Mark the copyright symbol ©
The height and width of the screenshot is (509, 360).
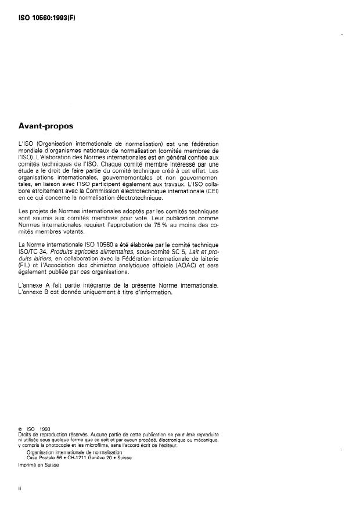click(21, 429)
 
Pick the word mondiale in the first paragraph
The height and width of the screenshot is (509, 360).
click(31, 151)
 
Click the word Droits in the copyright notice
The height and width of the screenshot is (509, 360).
click(26, 434)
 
